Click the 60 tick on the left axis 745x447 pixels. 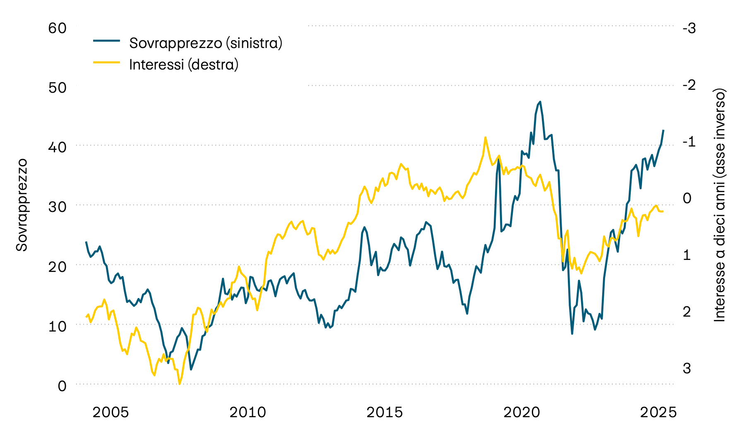(57, 28)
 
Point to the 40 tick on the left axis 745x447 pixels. (57, 147)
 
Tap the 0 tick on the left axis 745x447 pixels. (62, 386)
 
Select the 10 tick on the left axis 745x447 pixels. (57, 326)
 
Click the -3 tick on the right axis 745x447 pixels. (689, 28)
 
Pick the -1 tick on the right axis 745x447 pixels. (689, 142)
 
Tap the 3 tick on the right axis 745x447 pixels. (687, 368)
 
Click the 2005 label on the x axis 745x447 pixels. (111, 412)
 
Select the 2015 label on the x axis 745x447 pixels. (385, 412)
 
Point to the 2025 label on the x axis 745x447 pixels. (658, 412)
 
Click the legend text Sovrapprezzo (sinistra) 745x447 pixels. (206, 43)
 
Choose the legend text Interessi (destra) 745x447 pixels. (184, 65)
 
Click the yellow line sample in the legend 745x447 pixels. (106, 62)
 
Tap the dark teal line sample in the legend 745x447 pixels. (106, 41)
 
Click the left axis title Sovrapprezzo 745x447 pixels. (22, 204)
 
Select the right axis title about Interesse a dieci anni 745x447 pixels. (720, 204)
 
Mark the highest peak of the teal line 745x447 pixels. (540, 101)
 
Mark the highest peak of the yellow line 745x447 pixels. (485, 137)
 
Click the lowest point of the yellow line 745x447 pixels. (179, 384)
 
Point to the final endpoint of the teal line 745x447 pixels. (663, 130)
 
